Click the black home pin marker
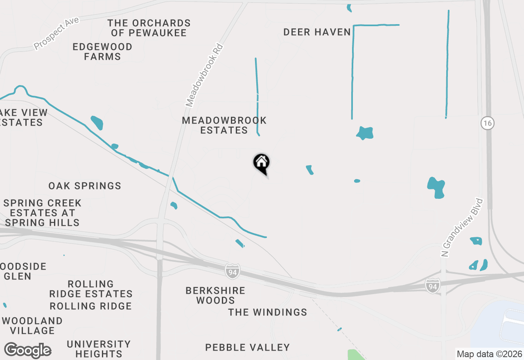click(x=261, y=163)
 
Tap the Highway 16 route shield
click(x=488, y=123)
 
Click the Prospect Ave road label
click(x=56, y=32)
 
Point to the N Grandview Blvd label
click(x=462, y=228)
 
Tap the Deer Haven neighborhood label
click(x=317, y=32)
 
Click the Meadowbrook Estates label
click(x=224, y=125)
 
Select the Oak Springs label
click(x=85, y=186)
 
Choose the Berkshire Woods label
click(x=215, y=295)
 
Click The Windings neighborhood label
click(x=267, y=312)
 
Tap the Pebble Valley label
click(x=247, y=347)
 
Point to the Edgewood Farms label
click(x=102, y=52)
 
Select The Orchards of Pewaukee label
click(x=149, y=28)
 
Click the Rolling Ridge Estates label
click(x=91, y=289)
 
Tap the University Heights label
click(x=99, y=349)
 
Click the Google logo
click(x=27, y=351)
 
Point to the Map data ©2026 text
click(x=489, y=354)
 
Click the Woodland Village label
click(x=32, y=325)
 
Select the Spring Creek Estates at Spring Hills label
click(x=42, y=213)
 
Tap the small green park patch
click(x=355, y=354)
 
